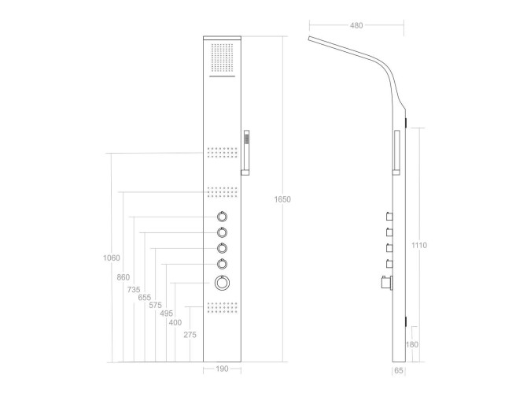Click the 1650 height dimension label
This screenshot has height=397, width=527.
[282, 199]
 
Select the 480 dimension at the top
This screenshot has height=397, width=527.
[356, 25]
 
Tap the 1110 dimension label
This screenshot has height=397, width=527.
[419, 245]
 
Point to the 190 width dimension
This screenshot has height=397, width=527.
[222, 369]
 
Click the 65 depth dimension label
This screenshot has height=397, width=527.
[399, 370]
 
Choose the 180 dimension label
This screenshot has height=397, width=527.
[412, 344]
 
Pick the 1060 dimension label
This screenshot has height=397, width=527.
[111, 258]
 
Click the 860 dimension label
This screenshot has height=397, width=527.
[123, 277]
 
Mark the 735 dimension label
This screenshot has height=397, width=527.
[134, 289]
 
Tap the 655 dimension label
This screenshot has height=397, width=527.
[145, 298]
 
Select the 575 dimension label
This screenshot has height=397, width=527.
[155, 305]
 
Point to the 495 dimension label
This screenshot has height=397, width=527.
[167, 314]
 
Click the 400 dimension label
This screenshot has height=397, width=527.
[175, 323]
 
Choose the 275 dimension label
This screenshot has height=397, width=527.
[190, 335]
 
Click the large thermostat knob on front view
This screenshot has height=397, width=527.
[222, 283]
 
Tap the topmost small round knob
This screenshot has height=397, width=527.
[222, 217]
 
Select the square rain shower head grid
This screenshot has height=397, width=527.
[222, 58]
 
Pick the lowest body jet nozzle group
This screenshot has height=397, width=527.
[222, 307]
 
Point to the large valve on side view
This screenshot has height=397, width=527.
[387, 283]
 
